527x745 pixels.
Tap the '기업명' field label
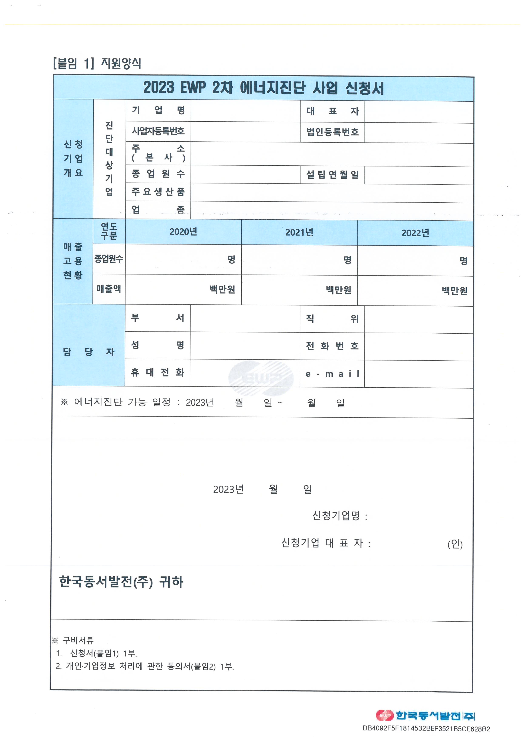[x=158, y=110]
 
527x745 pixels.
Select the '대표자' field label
[x=332, y=111]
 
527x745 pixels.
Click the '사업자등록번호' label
[x=158, y=131]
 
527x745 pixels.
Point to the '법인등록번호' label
[x=332, y=132]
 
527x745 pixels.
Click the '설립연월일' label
[x=332, y=175]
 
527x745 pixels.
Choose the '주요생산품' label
[x=158, y=192]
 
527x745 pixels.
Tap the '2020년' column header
[x=183, y=232]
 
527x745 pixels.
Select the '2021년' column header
[x=299, y=232]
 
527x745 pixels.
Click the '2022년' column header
[x=415, y=233]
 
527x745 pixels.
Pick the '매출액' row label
[x=109, y=289]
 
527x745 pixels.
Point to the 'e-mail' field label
[x=332, y=374]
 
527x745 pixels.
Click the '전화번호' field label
[x=332, y=346]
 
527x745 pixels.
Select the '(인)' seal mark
[x=455, y=544]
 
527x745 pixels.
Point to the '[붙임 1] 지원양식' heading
[x=97, y=63]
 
